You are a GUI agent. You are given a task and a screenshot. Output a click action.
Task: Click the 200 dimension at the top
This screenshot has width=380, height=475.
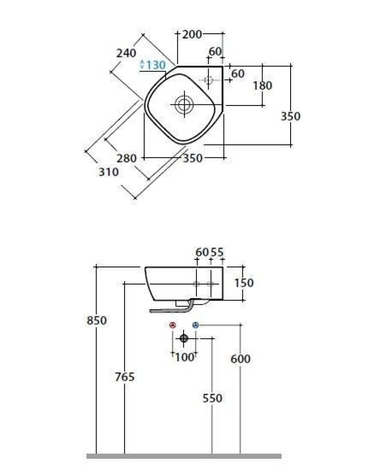pos(192,34)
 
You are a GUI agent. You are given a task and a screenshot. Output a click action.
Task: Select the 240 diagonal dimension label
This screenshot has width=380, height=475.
pos(127,53)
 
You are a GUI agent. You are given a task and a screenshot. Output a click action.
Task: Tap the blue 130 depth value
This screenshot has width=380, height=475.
pos(155,65)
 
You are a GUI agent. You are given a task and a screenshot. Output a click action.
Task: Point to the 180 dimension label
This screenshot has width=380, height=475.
pos(263,85)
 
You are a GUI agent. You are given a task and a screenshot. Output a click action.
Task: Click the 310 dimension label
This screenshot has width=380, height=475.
pos(109,172)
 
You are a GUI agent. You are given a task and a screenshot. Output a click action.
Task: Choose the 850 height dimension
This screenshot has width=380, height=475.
pos(97,320)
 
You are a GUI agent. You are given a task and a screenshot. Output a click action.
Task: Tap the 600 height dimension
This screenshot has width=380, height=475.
pos(241,359)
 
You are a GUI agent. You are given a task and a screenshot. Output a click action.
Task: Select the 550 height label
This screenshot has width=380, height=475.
pos(212,398)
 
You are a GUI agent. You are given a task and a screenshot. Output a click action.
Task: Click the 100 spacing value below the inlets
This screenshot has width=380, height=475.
pos(185,357)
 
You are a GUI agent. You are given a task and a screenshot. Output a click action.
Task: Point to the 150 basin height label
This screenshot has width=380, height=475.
pos(244,283)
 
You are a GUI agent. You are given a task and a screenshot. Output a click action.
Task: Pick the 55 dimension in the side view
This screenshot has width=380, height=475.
pos(217,252)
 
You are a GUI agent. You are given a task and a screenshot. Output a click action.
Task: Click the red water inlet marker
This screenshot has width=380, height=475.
pos(173,325)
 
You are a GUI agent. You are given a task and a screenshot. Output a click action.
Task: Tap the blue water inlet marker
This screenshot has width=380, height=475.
pos(195,325)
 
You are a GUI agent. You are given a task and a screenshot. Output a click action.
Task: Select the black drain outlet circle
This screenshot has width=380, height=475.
pos(184,338)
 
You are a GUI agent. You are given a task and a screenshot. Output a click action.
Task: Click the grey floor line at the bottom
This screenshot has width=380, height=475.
pos(184,456)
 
